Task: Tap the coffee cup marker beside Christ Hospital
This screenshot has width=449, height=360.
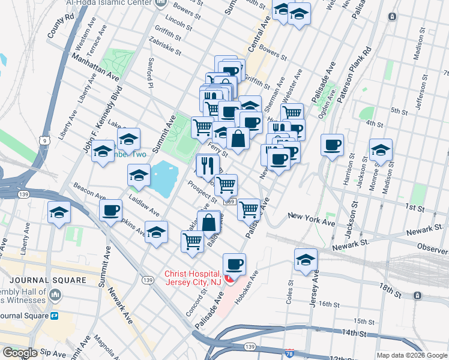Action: coord(234,264)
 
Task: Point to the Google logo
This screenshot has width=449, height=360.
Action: coord(20,353)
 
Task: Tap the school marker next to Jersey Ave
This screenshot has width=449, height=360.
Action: coord(306,260)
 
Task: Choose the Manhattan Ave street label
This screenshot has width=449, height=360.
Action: coord(94,66)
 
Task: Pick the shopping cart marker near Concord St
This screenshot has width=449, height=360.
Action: coord(192,241)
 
